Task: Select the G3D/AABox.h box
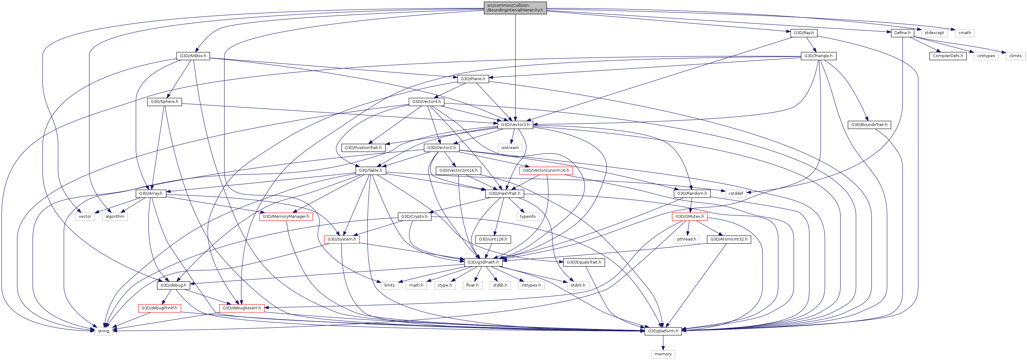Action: click(x=193, y=56)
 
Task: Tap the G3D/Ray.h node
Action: click(x=803, y=33)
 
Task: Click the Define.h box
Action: click(x=902, y=33)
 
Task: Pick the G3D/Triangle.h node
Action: click(x=818, y=56)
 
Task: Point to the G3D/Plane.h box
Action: click(x=473, y=79)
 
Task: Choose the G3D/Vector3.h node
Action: click(x=515, y=125)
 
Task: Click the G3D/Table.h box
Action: click(x=370, y=170)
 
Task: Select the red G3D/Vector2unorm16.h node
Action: click(x=546, y=170)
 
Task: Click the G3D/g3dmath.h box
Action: click(x=483, y=262)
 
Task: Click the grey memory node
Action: click(x=663, y=354)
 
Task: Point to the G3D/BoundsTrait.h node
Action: click(x=869, y=125)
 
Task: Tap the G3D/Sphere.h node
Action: click(x=164, y=102)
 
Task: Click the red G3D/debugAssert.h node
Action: click(x=242, y=308)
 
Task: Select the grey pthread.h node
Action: click(x=687, y=239)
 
